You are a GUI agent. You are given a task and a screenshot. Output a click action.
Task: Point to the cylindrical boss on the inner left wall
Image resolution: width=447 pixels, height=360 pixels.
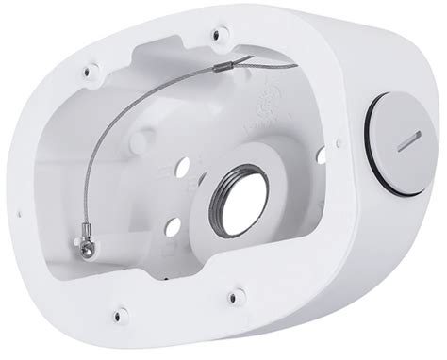[140, 142]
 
